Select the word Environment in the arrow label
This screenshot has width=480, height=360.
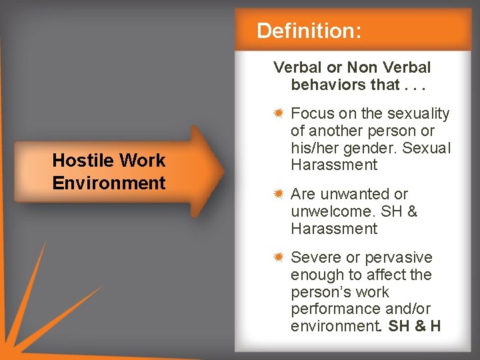pyautogui.click(x=109, y=183)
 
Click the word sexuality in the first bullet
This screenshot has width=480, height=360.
pyautogui.click(x=420, y=114)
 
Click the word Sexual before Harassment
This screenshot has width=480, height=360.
pyautogui.click(x=427, y=148)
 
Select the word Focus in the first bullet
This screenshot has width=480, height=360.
pyautogui.click(x=313, y=114)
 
